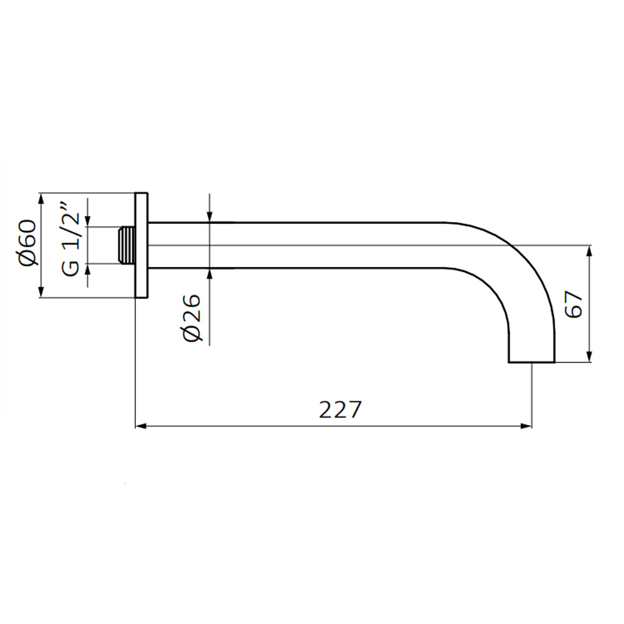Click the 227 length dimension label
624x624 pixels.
(340, 409)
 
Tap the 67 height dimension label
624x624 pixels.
(574, 304)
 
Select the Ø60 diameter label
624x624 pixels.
(27, 242)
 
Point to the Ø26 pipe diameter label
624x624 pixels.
(193, 318)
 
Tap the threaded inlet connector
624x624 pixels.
(127, 245)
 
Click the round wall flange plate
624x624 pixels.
(141, 245)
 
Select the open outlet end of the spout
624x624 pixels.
(531, 362)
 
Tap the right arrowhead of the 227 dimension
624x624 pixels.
(526, 426)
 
